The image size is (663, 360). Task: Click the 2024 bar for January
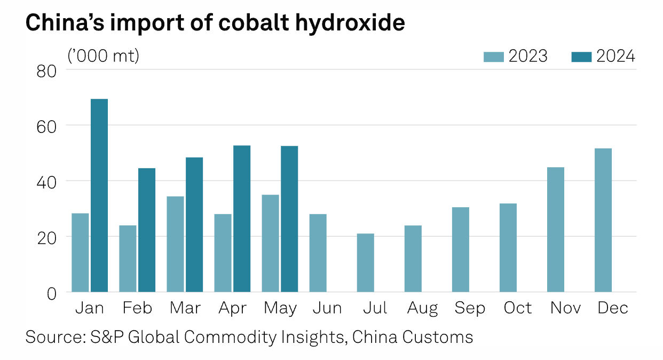(99, 195)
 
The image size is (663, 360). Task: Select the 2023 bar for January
(80, 253)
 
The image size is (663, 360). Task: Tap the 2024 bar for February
(147, 230)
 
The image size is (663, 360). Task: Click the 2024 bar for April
(242, 219)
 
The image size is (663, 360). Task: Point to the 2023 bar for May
(271, 244)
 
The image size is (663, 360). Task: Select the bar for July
(366, 263)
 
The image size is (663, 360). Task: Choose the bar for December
(603, 220)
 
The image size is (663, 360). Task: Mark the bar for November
(556, 230)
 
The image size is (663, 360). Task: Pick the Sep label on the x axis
(469, 308)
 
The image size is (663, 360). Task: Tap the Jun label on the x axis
(327, 308)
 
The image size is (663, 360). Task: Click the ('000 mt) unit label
(103, 56)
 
